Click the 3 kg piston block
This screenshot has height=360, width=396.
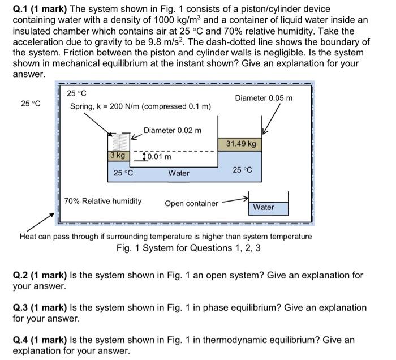click(118, 155)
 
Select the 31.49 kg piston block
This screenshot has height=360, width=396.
click(240, 144)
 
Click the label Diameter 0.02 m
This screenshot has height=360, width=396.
click(172, 130)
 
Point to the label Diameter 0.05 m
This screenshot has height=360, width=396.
click(264, 98)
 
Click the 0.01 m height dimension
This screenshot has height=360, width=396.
click(158, 156)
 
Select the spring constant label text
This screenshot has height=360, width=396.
click(140, 106)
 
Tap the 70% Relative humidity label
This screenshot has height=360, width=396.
click(102, 201)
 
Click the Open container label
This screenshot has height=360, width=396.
click(191, 203)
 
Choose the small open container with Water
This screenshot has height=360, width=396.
click(269, 207)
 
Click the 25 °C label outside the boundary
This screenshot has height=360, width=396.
click(31, 103)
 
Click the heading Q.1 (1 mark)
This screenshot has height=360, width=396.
click(40, 10)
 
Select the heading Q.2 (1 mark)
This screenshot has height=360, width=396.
click(40, 276)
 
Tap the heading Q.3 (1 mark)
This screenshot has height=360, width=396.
click(40, 308)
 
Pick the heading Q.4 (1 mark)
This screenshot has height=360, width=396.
click(40, 340)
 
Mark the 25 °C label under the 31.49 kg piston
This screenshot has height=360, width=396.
click(242, 169)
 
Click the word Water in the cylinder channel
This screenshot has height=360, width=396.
click(179, 173)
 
